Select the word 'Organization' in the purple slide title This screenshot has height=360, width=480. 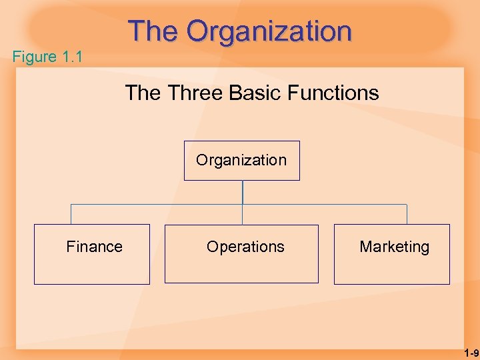(x=269, y=31)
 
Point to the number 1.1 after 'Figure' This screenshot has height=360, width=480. (x=72, y=57)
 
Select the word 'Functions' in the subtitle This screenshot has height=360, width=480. (x=338, y=93)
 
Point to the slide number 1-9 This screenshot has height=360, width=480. (x=471, y=353)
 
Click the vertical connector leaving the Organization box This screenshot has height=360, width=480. (x=243, y=192)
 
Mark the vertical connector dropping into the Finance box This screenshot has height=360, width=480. (x=71, y=214)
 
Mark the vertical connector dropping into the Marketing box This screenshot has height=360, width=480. (x=407, y=214)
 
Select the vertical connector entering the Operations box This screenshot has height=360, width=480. (x=243, y=215)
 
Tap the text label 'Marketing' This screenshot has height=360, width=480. (x=394, y=247)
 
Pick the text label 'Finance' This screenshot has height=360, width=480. (x=94, y=247)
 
